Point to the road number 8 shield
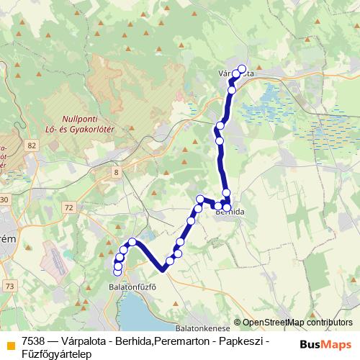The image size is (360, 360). click(116, 171)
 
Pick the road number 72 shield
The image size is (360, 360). click(68, 207)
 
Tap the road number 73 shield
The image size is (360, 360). click(9, 286)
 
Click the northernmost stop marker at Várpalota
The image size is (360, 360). click(242, 69)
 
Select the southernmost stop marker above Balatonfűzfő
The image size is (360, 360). click(117, 271)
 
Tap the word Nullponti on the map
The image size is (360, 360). click(82, 115)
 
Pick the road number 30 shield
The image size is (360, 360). click(4, 199)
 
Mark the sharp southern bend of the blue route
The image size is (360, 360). click(164, 269)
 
